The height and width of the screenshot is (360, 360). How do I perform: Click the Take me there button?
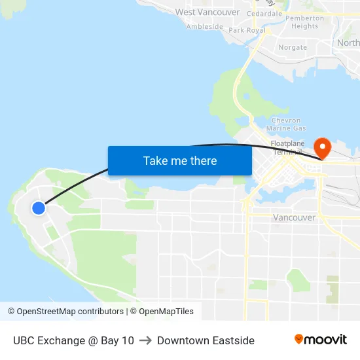(179, 160)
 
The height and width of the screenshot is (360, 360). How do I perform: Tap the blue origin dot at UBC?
(39, 208)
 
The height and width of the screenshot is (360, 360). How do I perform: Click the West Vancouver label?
(207, 12)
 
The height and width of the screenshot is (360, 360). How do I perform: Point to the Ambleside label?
(204, 27)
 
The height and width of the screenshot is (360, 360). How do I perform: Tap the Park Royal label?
(247, 30)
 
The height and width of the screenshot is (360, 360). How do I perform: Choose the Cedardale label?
(264, 13)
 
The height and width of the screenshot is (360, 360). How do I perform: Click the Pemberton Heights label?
(305, 22)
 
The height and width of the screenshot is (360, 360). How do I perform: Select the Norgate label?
(293, 47)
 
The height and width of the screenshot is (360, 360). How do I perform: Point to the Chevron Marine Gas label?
(287, 124)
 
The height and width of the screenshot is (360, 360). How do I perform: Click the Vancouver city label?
(294, 217)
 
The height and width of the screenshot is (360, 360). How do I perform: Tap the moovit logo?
(320, 340)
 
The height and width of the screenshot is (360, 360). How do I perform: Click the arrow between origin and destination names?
(145, 340)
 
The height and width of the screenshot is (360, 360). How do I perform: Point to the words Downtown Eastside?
(206, 340)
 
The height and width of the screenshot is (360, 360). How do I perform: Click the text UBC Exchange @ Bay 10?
(73, 340)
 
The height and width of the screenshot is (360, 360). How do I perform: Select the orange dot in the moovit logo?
(299, 339)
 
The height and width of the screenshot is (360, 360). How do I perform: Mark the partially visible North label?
(348, 43)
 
